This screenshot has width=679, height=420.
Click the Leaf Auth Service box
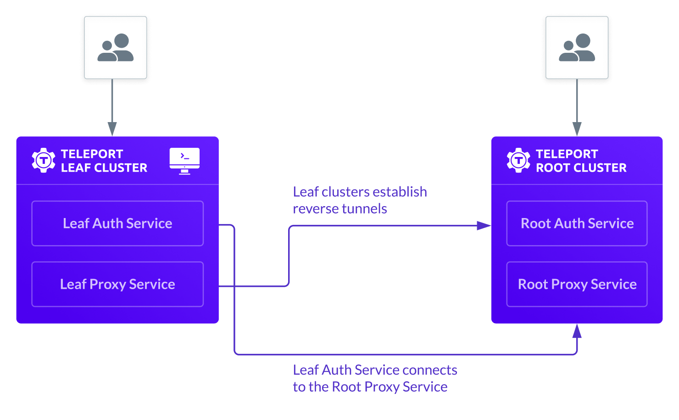[117, 224]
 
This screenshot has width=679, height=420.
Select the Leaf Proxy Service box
[117, 284]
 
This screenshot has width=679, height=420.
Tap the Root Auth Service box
[577, 224]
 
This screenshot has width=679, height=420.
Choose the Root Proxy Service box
[577, 284]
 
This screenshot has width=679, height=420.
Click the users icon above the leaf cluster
[116, 48]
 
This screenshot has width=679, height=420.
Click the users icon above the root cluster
[577, 48]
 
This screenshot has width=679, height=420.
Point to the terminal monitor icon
[184, 161]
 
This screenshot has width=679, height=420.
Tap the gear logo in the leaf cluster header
[44, 160]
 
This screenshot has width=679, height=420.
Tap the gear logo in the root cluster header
[518, 160]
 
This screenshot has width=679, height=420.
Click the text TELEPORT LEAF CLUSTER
[104, 161]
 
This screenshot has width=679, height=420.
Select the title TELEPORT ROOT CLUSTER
[581, 161]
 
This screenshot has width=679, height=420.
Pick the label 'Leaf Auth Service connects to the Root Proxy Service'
[374, 378]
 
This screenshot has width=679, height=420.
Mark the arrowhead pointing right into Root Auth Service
[484, 225]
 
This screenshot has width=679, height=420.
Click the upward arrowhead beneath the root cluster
[577, 331]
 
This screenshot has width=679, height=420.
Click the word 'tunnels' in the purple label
[365, 209]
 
